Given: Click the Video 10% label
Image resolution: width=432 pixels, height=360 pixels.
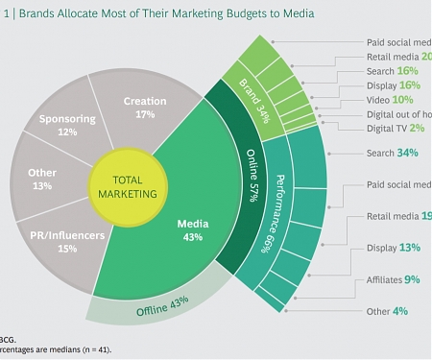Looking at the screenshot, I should pos(388,99).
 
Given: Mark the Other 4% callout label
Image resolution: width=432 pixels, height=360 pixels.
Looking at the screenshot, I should pos(387,311).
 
